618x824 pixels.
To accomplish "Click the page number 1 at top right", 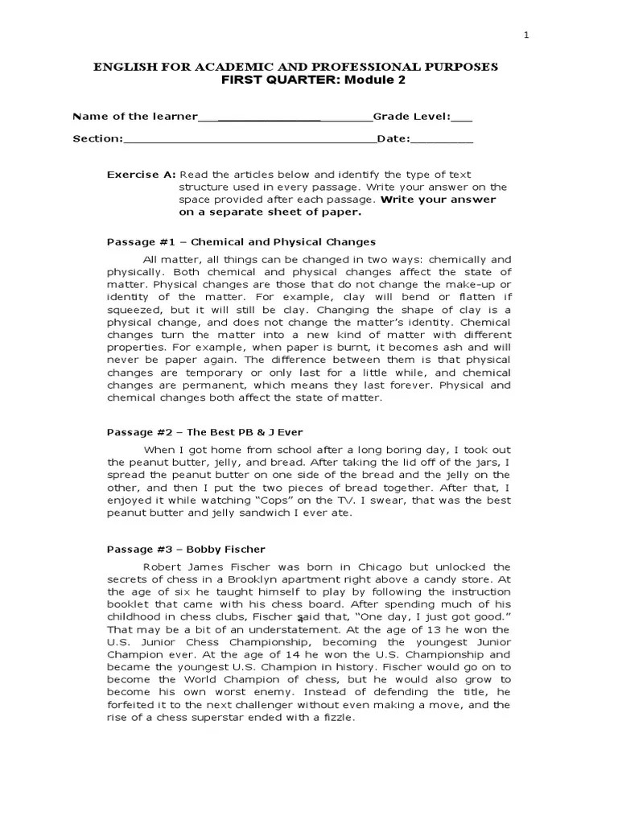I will [x=526, y=35].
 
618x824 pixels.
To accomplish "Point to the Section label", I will [x=97, y=138].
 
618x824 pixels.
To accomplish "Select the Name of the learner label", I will [x=135, y=117].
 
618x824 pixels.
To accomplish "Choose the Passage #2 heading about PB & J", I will [x=204, y=431].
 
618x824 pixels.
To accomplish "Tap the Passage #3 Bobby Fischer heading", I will [x=187, y=550].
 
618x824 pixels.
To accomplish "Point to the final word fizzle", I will [x=336, y=718].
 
